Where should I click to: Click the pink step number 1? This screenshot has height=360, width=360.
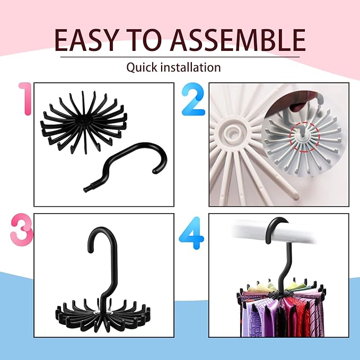click(x=24, y=99)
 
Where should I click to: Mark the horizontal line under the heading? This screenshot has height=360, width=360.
click(x=180, y=57)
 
